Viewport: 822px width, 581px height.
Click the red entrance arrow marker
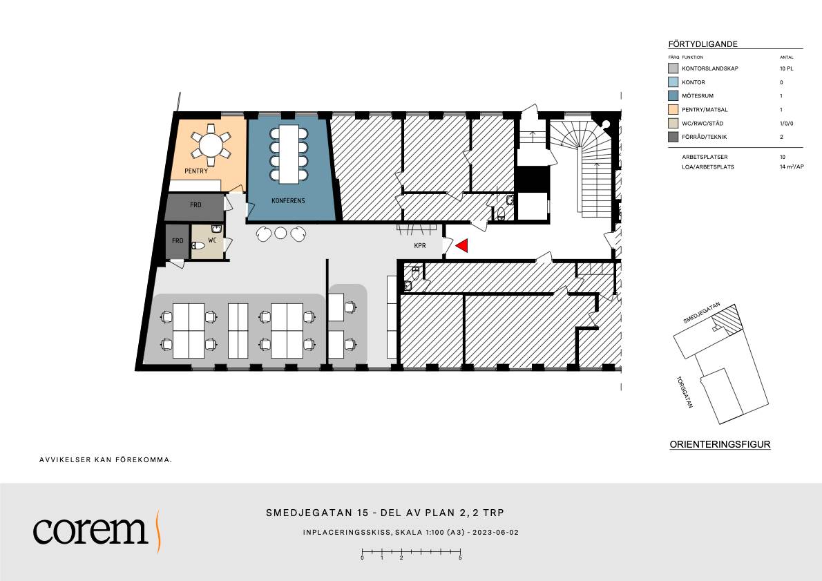click(462, 245)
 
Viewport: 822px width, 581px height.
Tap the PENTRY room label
click(196, 171)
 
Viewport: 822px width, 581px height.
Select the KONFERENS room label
click(288, 200)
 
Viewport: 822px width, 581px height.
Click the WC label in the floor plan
click(212, 240)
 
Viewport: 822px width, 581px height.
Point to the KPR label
click(420, 245)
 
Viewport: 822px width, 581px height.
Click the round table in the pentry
click(211, 145)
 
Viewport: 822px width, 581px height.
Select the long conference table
click(289, 153)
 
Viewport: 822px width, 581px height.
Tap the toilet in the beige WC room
click(198, 245)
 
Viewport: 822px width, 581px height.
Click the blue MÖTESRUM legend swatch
click(673, 95)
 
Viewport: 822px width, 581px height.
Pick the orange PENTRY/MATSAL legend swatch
click(673, 109)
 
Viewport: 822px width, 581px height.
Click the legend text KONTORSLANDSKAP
click(710, 68)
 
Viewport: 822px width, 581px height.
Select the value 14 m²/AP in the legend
click(792, 166)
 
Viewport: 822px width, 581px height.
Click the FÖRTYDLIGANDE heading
click(703, 44)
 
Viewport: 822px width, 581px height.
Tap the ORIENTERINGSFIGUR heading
click(720, 444)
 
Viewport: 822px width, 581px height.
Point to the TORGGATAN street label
click(685, 392)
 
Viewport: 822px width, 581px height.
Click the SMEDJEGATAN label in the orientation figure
click(702, 313)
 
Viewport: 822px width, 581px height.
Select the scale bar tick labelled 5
click(460, 558)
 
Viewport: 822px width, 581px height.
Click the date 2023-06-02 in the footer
click(495, 532)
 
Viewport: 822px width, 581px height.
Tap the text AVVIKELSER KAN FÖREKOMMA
click(106, 460)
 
